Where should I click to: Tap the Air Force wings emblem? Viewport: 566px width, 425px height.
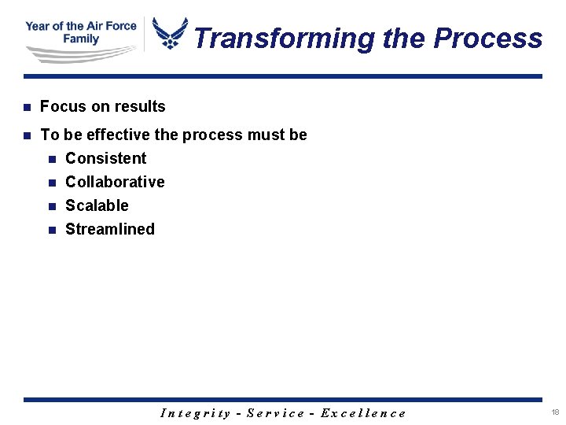170,34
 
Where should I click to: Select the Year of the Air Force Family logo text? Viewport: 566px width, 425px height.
81,32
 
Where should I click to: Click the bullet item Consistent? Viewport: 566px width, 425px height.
105,158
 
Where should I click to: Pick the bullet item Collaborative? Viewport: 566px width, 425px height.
115,182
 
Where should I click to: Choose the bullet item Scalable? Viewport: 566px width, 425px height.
97,205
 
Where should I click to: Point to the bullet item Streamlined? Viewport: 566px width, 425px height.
110,229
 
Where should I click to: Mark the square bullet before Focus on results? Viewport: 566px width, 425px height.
27,107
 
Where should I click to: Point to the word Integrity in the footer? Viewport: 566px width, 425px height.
196,413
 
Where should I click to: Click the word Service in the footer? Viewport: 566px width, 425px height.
275,413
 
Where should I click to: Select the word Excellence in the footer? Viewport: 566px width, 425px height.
363,413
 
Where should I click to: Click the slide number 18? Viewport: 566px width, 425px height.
555,412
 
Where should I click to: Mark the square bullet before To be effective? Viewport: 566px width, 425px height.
27,135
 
